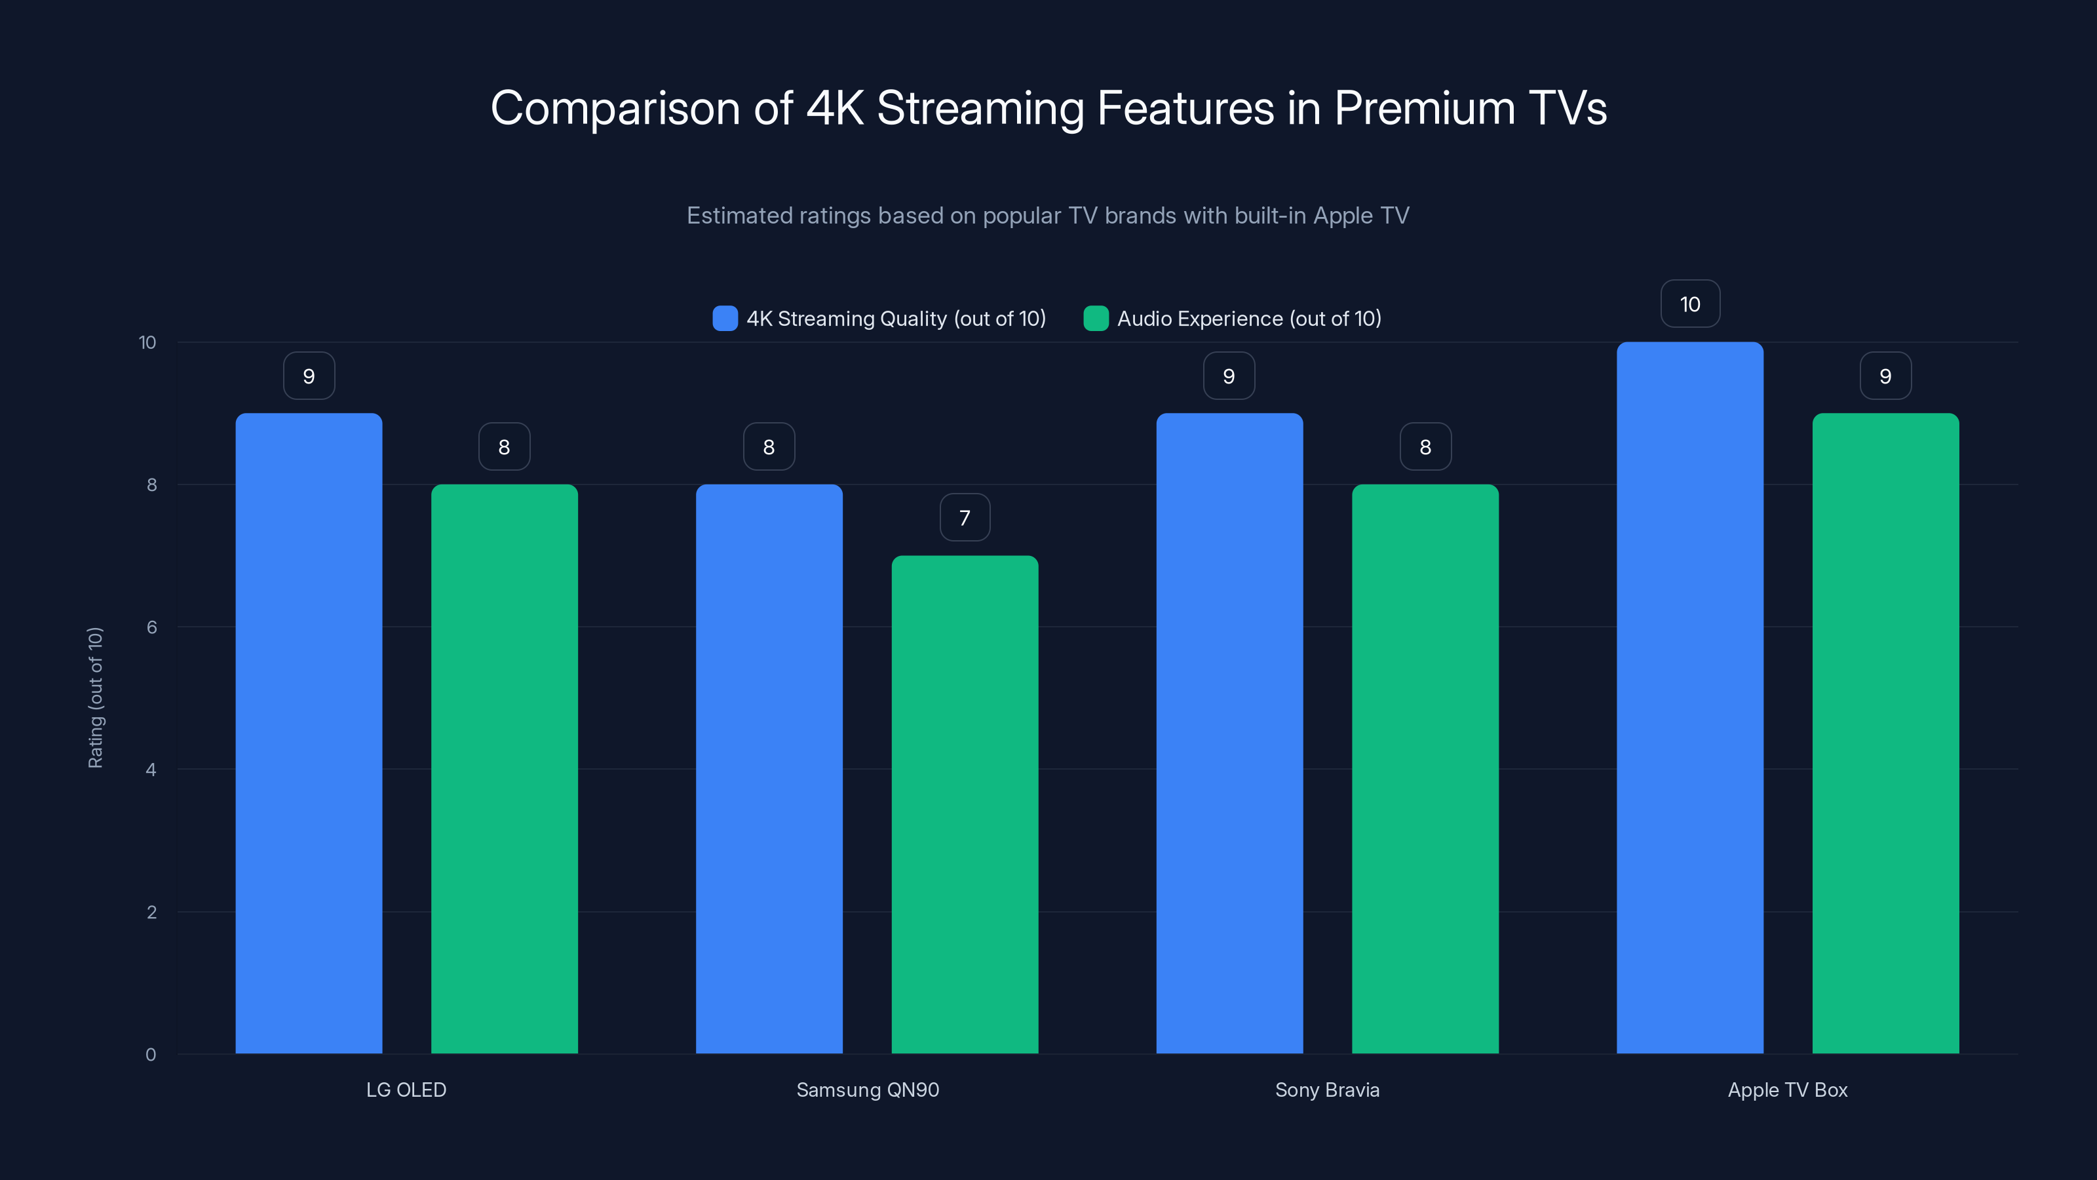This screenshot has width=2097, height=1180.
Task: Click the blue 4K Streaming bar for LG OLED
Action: coord(309,733)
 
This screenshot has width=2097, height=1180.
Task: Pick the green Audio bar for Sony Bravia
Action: coord(1425,769)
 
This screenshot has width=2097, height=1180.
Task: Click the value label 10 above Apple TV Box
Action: coord(1690,304)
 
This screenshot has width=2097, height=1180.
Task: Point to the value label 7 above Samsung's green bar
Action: coord(965,517)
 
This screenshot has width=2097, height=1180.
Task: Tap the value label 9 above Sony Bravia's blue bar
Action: coord(1229,376)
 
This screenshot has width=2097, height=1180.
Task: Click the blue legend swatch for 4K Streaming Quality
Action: coord(725,319)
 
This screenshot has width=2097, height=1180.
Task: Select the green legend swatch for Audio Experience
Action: coord(1096,319)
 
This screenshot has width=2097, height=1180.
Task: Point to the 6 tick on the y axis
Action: coord(151,627)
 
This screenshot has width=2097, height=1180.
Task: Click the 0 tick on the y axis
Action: coord(151,1055)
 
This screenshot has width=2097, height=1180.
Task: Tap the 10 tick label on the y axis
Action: coord(147,342)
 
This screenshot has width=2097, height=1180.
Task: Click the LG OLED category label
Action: coord(406,1090)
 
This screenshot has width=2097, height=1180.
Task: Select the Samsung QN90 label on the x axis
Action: coord(867,1090)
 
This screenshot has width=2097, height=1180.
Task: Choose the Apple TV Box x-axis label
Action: coord(1788,1090)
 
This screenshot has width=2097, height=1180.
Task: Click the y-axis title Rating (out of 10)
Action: coord(95,698)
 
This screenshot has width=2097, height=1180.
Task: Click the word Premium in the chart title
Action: coord(1425,108)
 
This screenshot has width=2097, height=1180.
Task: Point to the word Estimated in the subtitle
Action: coord(739,216)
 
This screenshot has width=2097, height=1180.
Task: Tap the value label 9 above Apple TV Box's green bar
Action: coord(1885,376)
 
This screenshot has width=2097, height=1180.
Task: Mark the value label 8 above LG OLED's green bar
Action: coord(504,446)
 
